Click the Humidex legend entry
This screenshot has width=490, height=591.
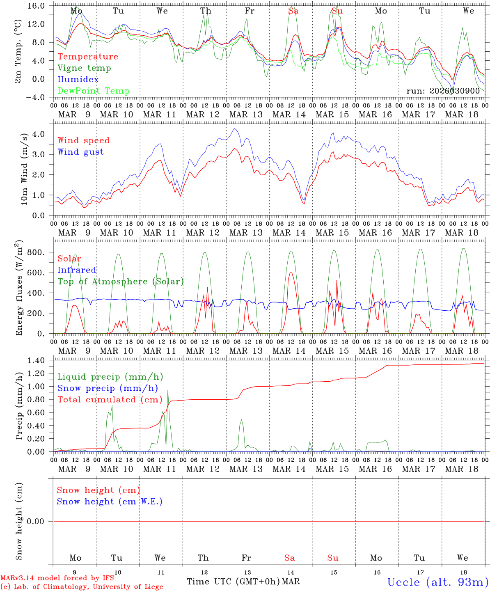(78, 80)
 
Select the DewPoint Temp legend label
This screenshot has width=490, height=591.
(94, 91)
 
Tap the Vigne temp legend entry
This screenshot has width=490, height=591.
(84, 68)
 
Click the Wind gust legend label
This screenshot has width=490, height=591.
(80, 152)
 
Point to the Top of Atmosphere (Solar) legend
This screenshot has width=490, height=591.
(121, 282)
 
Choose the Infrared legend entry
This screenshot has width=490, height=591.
(77, 270)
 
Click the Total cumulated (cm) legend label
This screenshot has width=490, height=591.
(110, 400)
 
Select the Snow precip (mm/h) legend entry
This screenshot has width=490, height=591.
(108, 388)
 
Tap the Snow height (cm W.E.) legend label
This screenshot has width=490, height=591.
(110, 502)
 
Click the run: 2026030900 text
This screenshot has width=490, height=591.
(443, 91)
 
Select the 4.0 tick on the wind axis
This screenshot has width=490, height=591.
(45, 134)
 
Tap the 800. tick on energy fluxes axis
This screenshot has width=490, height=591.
(41, 252)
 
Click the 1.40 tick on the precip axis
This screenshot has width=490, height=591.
(41, 361)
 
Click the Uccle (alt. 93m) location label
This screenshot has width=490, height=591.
(438, 582)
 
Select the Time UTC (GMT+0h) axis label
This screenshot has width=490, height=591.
(233, 582)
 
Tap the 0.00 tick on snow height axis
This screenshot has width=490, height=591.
(41, 521)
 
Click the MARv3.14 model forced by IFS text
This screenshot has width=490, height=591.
(57, 578)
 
